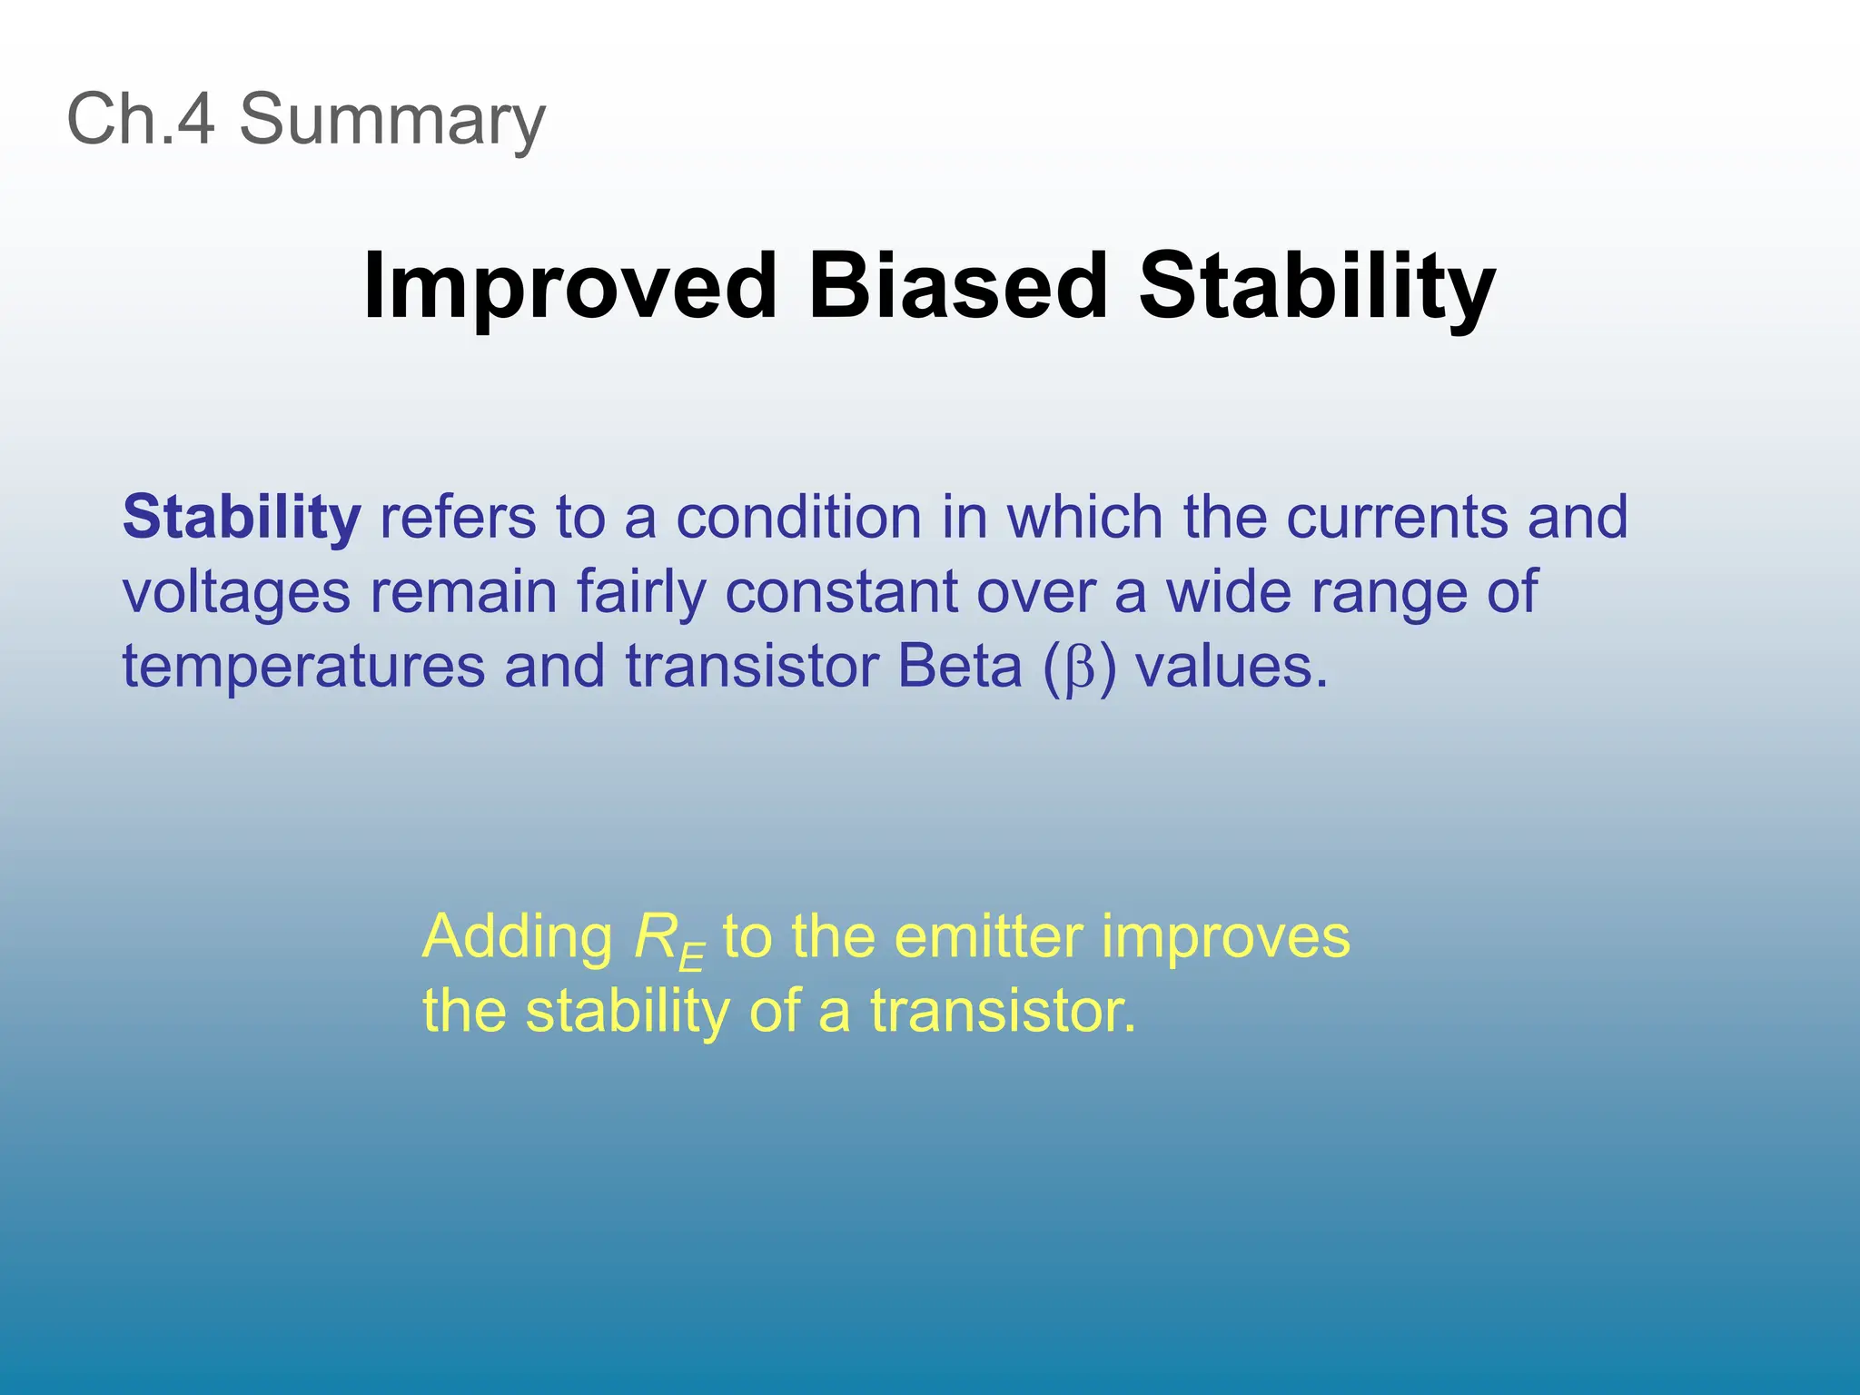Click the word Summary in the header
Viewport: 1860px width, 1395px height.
[392, 121]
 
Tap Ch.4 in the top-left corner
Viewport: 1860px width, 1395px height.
[141, 119]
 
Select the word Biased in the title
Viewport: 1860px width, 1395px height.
[957, 287]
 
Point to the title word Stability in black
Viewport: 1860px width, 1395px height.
[1316, 287]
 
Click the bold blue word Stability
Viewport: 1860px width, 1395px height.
[242, 518]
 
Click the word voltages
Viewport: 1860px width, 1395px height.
[236, 593]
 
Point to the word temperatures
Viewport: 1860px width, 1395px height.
[303, 667]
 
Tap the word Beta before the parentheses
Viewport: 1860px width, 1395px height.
[959, 667]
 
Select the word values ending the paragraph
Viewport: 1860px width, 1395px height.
[1232, 667]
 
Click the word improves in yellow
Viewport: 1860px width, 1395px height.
[1225, 938]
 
